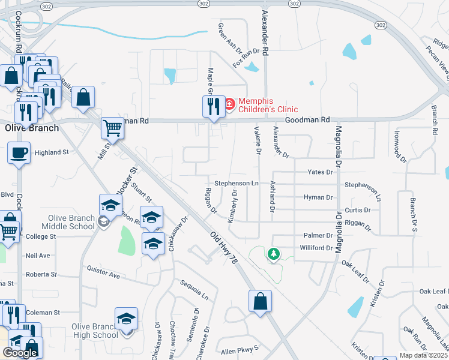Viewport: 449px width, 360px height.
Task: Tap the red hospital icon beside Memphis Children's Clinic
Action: tap(229, 105)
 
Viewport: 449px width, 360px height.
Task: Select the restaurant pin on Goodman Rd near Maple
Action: tap(209, 106)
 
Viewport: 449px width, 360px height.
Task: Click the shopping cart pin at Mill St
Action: tap(112, 127)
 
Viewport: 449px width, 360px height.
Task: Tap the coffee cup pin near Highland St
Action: tap(19, 152)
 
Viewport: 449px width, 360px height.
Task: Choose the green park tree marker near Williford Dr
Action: tap(274, 254)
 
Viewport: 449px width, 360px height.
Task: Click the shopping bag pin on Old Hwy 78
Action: tap(260, 302)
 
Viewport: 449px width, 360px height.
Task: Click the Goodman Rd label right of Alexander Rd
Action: tap(307, 120)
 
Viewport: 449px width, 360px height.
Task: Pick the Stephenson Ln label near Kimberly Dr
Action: tap(237, 183)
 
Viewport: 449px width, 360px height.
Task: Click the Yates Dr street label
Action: tap(320, 172)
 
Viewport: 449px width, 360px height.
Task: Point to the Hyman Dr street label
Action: tap(318, 197)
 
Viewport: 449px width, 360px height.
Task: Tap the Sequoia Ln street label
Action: tap(196, 289)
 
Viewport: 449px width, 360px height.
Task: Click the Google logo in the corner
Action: tap(20, 353)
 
